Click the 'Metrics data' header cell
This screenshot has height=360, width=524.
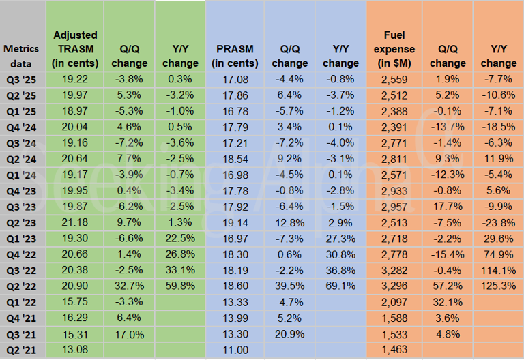click(x=22, y=56)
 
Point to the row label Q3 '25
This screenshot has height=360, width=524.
click(x=22, y=79)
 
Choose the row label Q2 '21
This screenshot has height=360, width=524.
click(x=22, y=352)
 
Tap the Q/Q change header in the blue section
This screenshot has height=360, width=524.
click(x=289, y=56)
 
